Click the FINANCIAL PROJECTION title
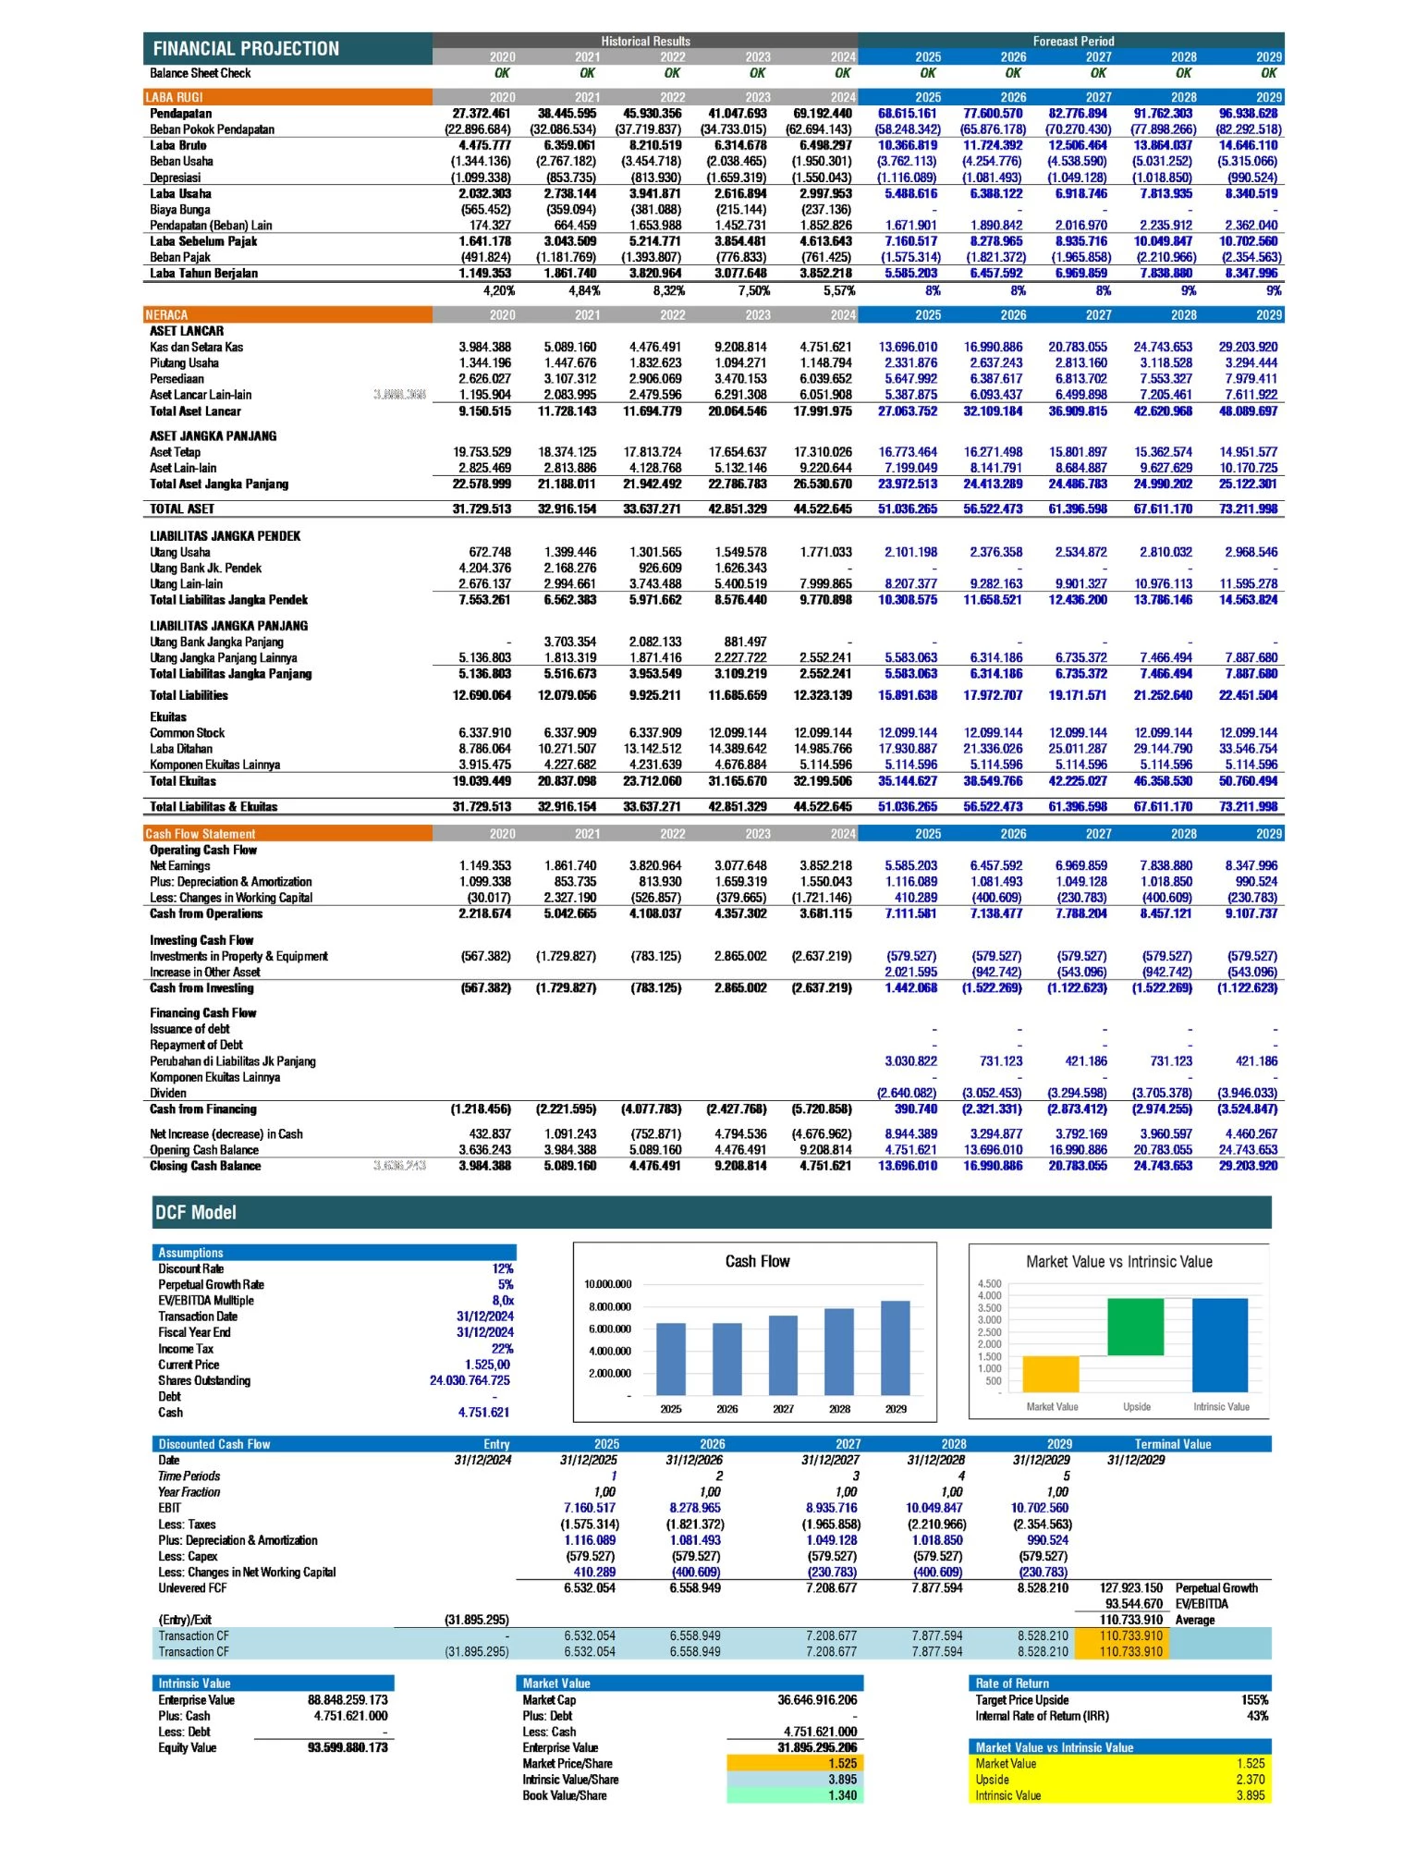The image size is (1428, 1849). [246, 49]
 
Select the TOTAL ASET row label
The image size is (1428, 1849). [182, 509]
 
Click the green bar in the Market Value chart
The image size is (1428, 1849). [1135, 1327]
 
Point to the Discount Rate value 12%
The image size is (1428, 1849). [503, 1269]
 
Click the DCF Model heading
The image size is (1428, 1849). [196, 1212]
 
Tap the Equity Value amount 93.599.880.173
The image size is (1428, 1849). [348, 1748]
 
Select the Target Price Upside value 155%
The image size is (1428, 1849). [1254, 1700]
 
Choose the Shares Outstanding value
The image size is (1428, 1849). [470, 1381]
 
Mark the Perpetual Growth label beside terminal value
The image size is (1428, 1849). [1216, 1588]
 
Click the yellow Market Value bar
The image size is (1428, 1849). [1051, 1374]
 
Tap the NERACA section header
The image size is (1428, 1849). [166, 315]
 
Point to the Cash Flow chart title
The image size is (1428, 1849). [757, 1262]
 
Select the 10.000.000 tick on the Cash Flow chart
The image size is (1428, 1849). [608, 1285]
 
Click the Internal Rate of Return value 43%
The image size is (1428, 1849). [1257, 1717]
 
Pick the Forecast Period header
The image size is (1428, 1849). [1073, 42]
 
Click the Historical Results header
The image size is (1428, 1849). [645, 42]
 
